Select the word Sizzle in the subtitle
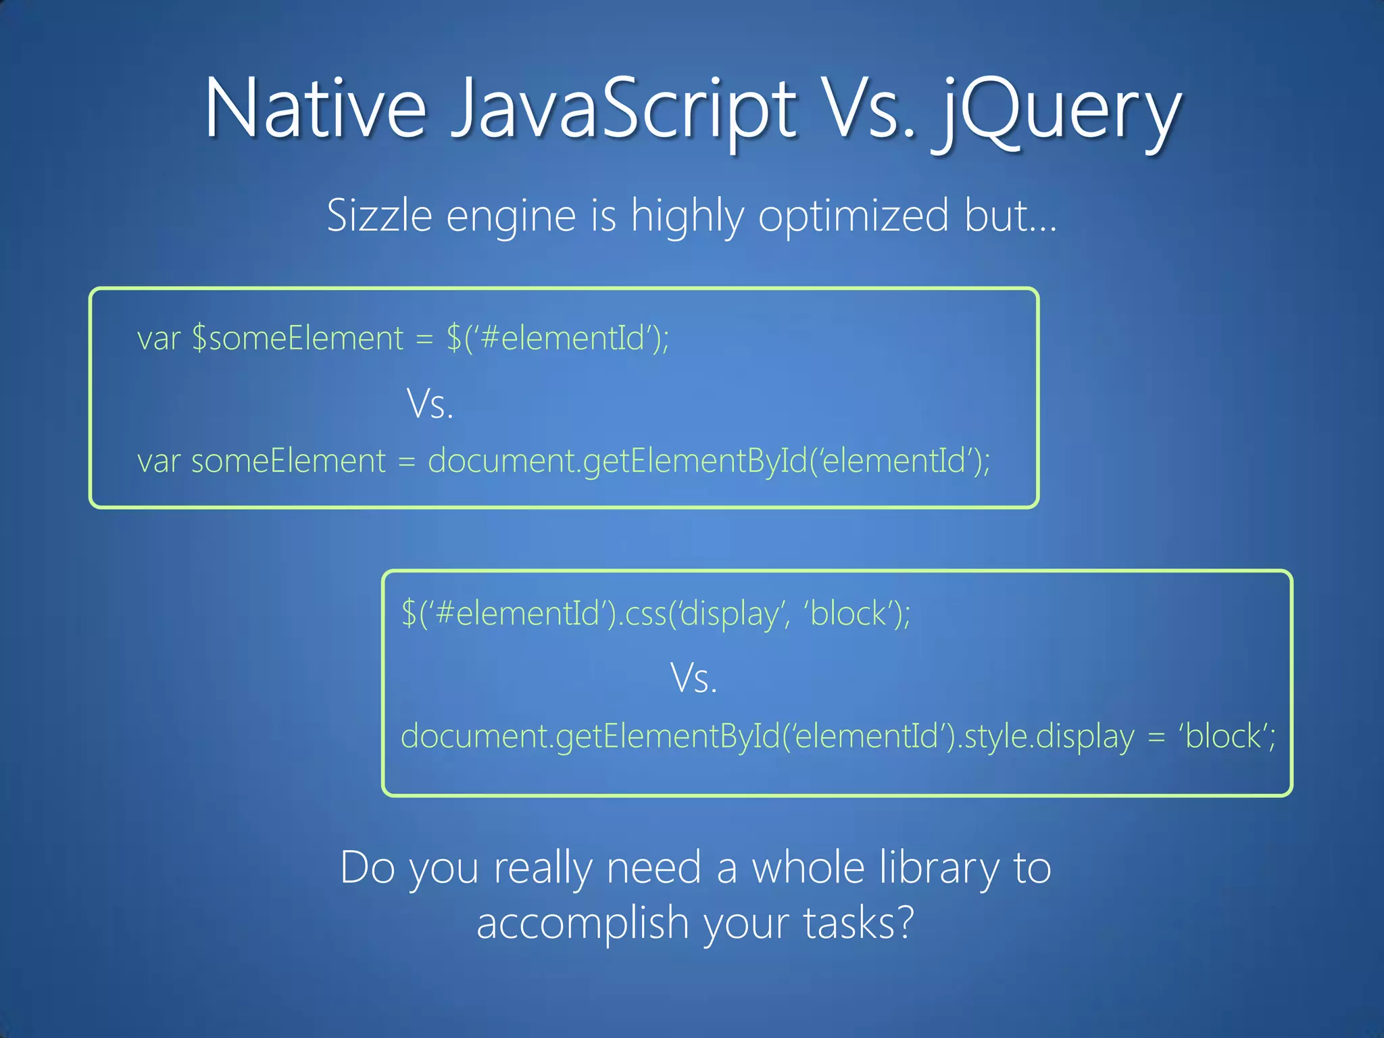(x=379, y=216)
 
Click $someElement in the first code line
(x=297, y=338)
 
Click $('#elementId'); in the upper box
(x=558, y=338)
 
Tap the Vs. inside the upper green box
(x=430, y=405)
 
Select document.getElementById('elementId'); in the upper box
(x=709, y=462)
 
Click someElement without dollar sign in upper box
(x=289, y=462)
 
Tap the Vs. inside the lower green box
(x=693, y=678)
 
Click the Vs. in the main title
(x=871, y=108)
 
